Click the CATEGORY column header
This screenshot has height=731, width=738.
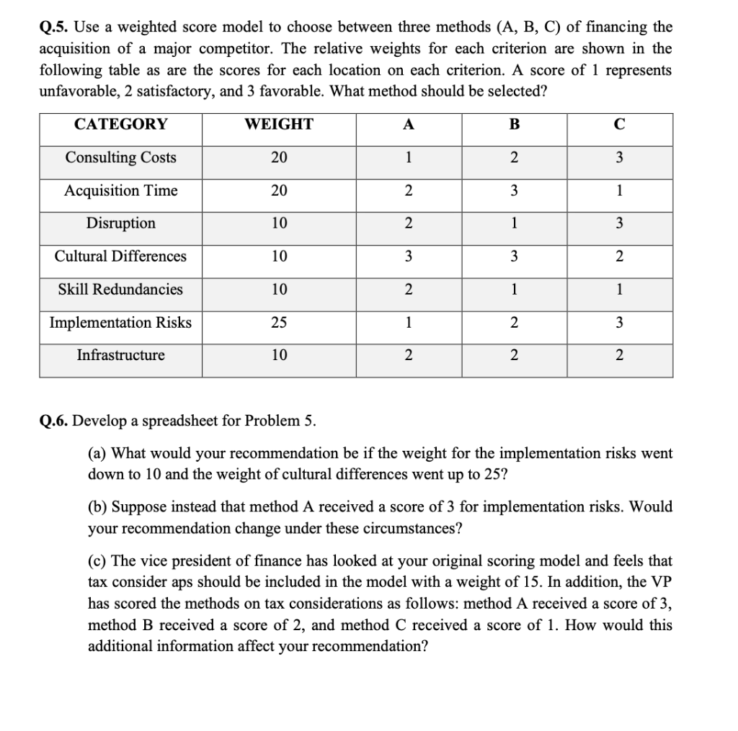pyautogui.click(x=120, y=124)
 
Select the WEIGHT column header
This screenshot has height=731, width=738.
pyautogui.click(x=279, y=124)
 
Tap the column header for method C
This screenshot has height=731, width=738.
pyautogui.click(x=619, y=124)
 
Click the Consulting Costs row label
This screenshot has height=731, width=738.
pyautogui.click(x=120, y=158)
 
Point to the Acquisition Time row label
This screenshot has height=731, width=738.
pyautogui.click(x=120, y=191)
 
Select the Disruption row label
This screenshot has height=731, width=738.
pyautogui.click(x=120, y=223)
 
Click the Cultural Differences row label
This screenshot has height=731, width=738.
pyautogui.click(x=120, y=256)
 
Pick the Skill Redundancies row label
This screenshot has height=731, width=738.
pyautogui.click(x=120, y=290)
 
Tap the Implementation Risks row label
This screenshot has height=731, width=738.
pyautogui.click(x=120, y=323)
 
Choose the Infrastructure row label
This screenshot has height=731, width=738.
pyautogui.click(x=120, y=355)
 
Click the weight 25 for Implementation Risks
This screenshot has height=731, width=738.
pyautogui.click(x=279, y=323)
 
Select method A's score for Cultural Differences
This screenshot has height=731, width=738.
pyautogui.click(x=409, y=256)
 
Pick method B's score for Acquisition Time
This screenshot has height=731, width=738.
pyautogui.click(x=514, y=191)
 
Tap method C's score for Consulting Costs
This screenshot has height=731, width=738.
pyautogui.click(x=619, y=158)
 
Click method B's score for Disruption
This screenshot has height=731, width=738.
pyautogui.click(x=514, y=223)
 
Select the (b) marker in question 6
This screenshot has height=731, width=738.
pyautogui.click(x=97, y=507)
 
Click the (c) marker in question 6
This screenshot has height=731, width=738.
pyautogui.click(x=97, y=561)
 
